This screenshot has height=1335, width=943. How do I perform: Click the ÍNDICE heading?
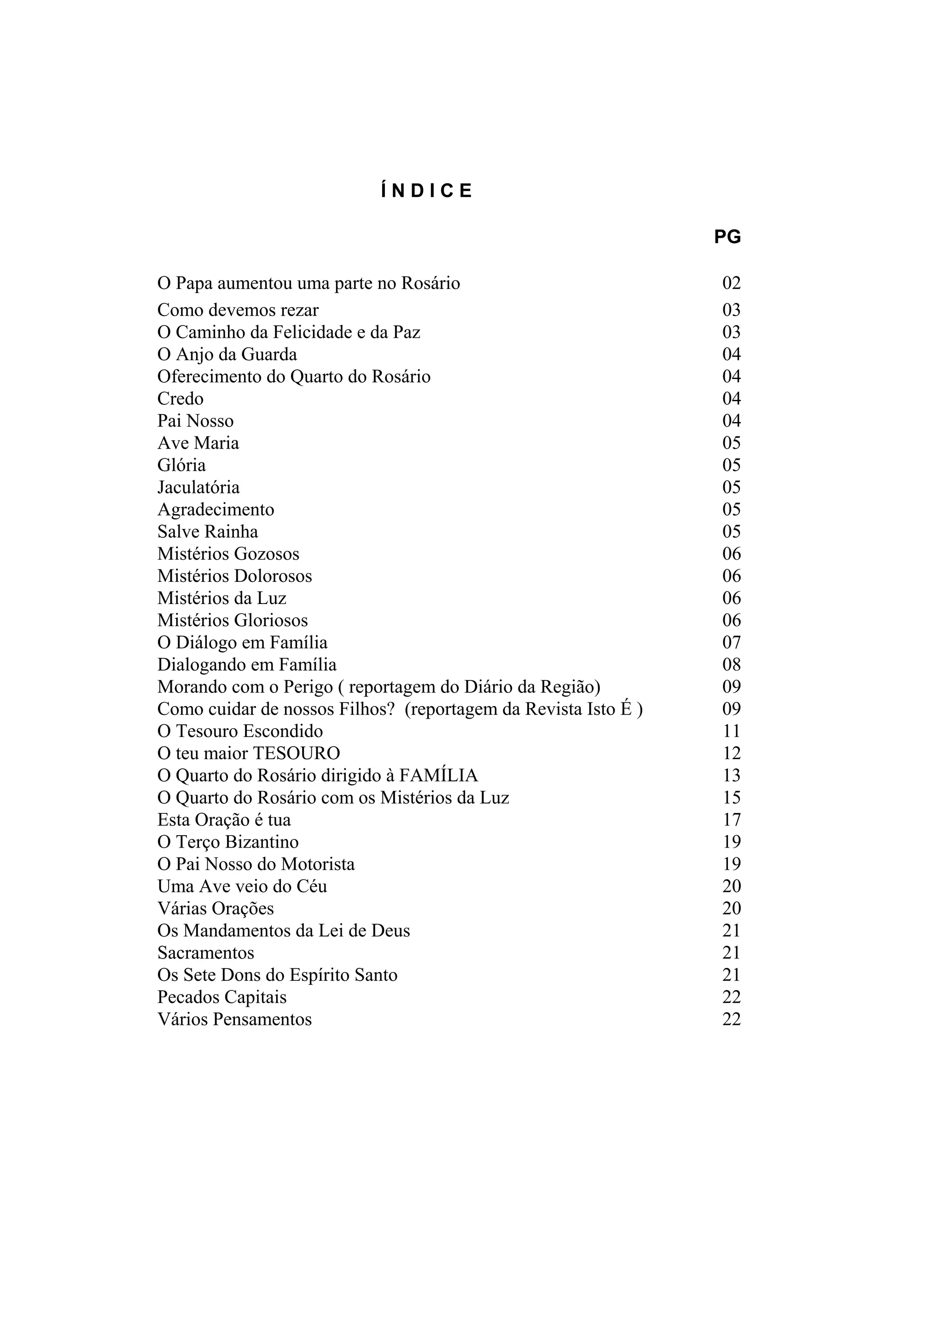click(426, 191)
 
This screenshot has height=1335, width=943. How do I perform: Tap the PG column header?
click(727, 237)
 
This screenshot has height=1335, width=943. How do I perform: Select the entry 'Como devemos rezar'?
click(238, 310)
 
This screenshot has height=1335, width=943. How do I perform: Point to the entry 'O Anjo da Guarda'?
click(227, 354)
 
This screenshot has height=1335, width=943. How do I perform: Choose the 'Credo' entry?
click(180, 399)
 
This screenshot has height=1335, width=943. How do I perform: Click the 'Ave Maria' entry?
click(198, 443)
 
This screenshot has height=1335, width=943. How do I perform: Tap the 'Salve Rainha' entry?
click(207, 532)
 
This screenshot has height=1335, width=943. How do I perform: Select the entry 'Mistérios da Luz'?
click(221, 598)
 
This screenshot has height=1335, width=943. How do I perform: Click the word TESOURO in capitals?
click(297, 754)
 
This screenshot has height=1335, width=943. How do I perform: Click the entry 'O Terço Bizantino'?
click(228, 842)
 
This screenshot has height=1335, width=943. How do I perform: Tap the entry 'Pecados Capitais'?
click(221, 997)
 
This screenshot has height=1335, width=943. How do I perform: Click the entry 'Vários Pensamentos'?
click(234, 1019)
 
